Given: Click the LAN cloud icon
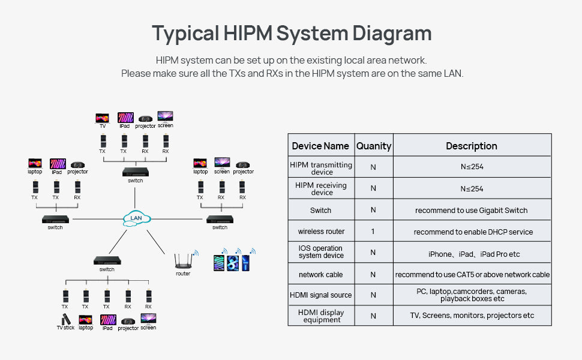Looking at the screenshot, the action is click(x=137, y=218).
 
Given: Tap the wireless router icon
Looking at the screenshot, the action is click(x=184, y=261).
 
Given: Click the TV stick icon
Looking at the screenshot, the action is click(x=66, y=319).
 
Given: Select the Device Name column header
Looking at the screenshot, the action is click(x=320, y=146).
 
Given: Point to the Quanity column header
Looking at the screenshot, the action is click(x=374, y=146).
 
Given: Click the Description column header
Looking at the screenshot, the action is click(x=472, y=146).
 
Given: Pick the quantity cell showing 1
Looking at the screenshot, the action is click(x=373, y=231).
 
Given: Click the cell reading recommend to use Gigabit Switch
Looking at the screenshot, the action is click(x=472, y=211).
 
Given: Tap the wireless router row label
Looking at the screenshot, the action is click(x=321, y=232).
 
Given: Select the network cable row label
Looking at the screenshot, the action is click(x=320, y=275).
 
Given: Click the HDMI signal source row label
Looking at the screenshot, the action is click(x=320, y=295).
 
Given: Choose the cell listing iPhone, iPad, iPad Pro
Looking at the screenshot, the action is click(x=474, y=254).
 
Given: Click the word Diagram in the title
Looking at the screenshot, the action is click(x=392, y=34).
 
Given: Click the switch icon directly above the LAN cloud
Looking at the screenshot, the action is click(x=136, y=172).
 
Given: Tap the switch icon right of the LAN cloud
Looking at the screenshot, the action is click(x=220, y=220).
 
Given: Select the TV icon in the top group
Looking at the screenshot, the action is click(x=103, y=118).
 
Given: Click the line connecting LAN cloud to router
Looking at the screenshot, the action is click(x=156, y=242).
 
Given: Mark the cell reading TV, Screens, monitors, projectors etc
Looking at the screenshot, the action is click(x=472, y=316).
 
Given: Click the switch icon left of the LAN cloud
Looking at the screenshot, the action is click(x=55, y=220).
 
